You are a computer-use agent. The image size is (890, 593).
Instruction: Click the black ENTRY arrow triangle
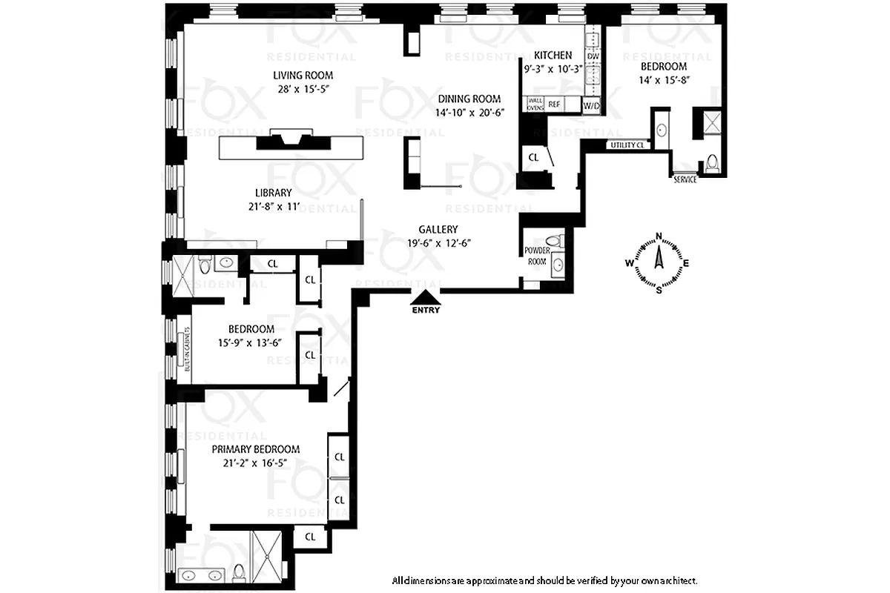(x=426, y=298)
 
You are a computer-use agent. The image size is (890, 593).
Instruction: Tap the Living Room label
(x=303, y=75)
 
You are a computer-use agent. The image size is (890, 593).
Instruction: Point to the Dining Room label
(x=469, y=99)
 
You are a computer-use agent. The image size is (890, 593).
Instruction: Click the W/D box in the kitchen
(x=591, y=106)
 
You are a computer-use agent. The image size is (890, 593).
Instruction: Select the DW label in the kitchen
(x=593, y=56)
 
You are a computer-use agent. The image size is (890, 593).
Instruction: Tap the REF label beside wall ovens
(x=554, y=105)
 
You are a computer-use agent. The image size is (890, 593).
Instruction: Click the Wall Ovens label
(x=535, y=105)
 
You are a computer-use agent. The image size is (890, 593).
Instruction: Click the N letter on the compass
(x=659, y=237)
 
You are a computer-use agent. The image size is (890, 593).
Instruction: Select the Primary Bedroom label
(x=256, y=449)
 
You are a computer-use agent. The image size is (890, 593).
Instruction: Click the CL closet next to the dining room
(x=534, y=157)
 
